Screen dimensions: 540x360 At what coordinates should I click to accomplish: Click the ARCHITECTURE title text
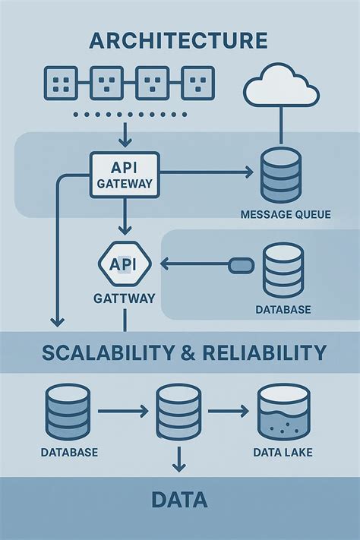point(178,39)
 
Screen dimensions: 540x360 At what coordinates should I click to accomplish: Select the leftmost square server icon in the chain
point(62,81)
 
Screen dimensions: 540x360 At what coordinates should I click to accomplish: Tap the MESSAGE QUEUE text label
point(285,215)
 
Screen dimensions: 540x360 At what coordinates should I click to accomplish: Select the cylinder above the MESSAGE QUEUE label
point(280,175)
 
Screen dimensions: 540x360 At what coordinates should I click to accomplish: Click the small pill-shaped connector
point(241,265)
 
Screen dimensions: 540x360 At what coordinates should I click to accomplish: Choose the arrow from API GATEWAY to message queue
point(205,174)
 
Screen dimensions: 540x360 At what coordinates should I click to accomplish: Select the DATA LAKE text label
point(283,453)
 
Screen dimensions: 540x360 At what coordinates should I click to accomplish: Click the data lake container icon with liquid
point(283,413)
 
